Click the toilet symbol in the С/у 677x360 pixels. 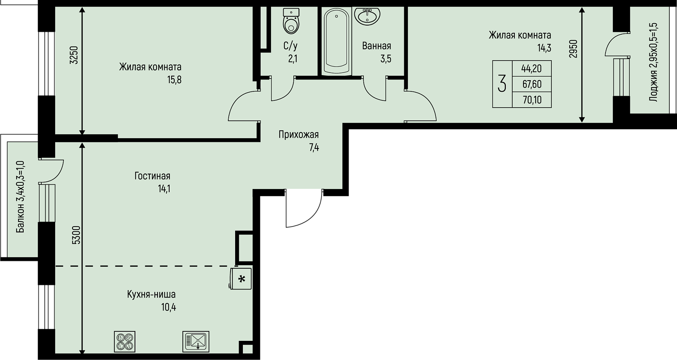[291, 21]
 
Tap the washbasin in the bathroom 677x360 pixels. [367, 16]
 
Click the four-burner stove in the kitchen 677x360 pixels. [124, 342]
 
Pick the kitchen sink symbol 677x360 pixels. [196, 342]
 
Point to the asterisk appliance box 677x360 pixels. [241, 279]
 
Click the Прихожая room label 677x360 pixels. [299, 135]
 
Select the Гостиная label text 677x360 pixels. [152, 176]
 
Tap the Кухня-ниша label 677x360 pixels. [151, 294]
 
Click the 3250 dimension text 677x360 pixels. [74, 55]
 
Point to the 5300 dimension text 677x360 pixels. [76, 235]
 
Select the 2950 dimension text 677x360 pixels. [573, 49]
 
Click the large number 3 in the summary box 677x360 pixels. [502, 84]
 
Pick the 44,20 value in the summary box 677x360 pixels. [531, 68]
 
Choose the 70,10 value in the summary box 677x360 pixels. [531, 100]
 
